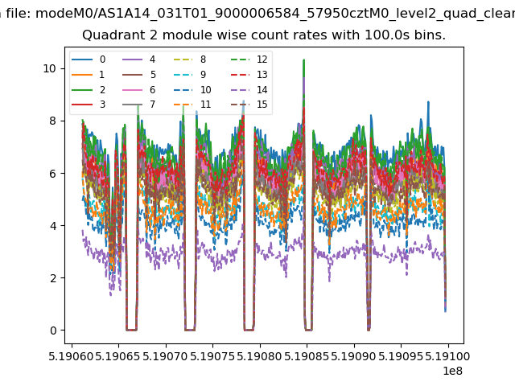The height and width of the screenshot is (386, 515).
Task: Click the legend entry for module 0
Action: click(89, 60)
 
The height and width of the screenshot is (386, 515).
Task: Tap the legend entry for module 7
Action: click(139, 105)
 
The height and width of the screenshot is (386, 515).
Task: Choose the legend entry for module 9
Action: click(190, 75)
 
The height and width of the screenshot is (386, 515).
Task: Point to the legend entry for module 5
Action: click(139, 75)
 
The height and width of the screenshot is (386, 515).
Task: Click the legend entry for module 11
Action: click(192, 105)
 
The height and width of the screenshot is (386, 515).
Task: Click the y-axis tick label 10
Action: click(50, 68)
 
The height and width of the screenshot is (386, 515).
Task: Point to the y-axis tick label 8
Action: click(53, 121)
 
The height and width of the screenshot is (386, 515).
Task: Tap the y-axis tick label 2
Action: click(53, 278)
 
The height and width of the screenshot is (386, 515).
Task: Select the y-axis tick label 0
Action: click(53, 331)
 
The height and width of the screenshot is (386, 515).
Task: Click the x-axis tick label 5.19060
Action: click(72, 356)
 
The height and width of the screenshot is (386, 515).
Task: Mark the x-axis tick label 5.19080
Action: click(260, 356)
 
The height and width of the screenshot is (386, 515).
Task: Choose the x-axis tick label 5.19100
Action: click(448, 356)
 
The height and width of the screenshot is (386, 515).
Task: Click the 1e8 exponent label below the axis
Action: click(452, 371)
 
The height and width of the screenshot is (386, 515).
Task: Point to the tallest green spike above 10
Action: click(304, 60)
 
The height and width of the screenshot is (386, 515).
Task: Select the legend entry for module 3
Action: click(89, 105)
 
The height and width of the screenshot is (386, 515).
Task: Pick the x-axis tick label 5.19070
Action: click(166, 356)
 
